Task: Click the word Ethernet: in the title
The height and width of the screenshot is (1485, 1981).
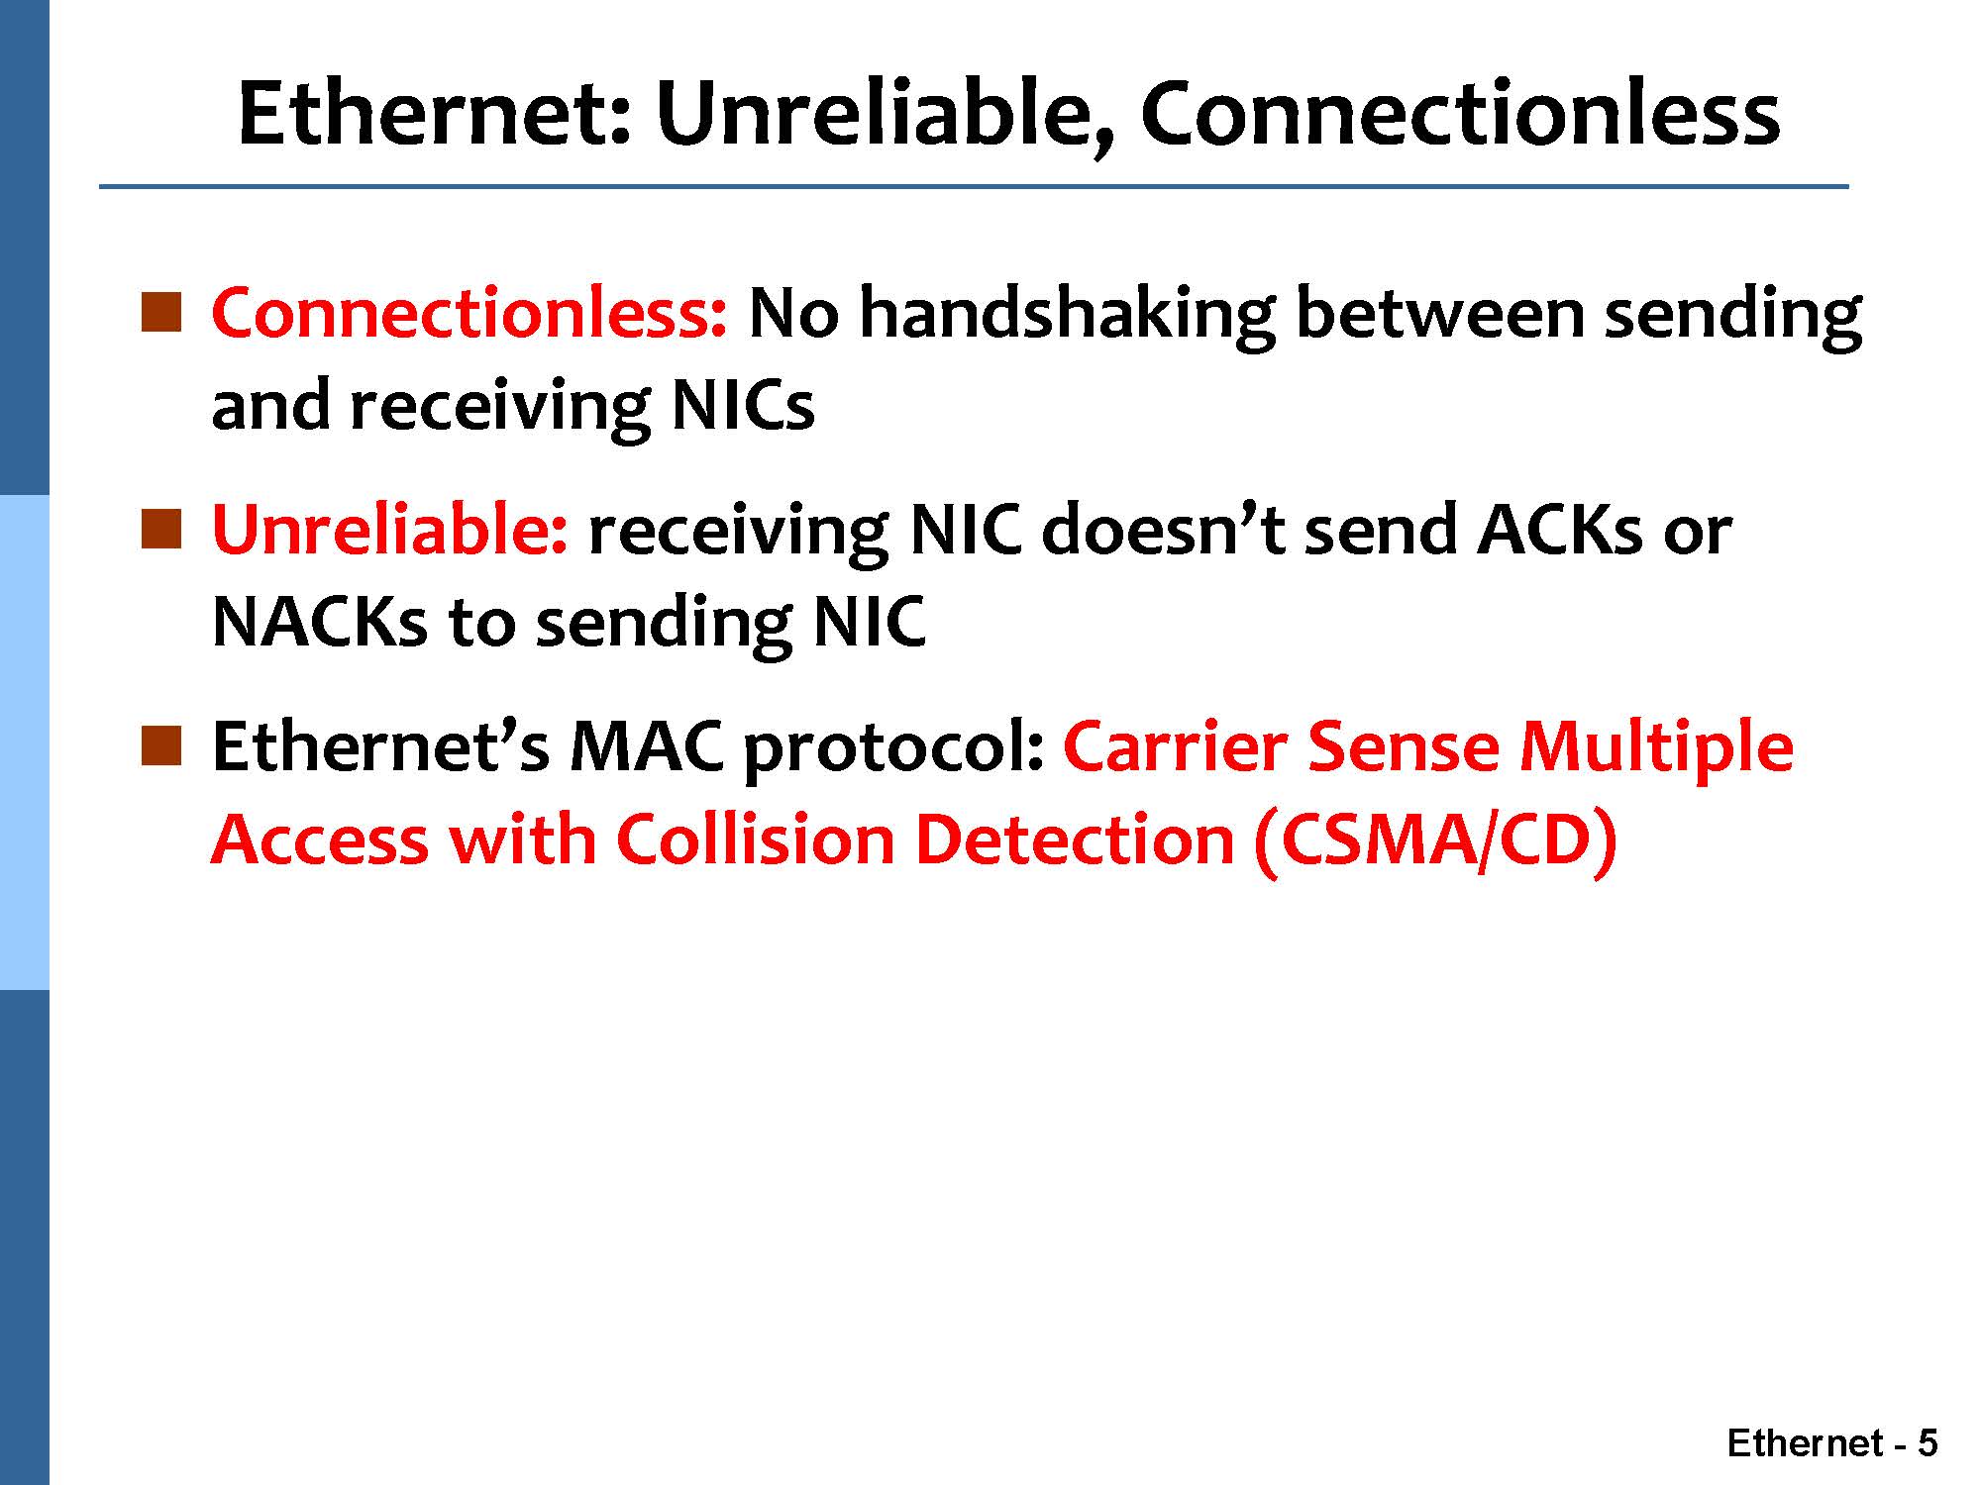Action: pos(435,113)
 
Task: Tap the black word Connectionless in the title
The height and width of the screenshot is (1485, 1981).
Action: pos(1460,113)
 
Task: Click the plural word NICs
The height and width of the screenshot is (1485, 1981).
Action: pos(743,406)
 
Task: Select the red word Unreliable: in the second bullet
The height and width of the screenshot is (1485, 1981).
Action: pos(390,529)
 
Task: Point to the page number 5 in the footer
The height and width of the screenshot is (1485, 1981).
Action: pos(1928,1443)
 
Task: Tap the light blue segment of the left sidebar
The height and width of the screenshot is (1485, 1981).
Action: pos(24,742)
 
